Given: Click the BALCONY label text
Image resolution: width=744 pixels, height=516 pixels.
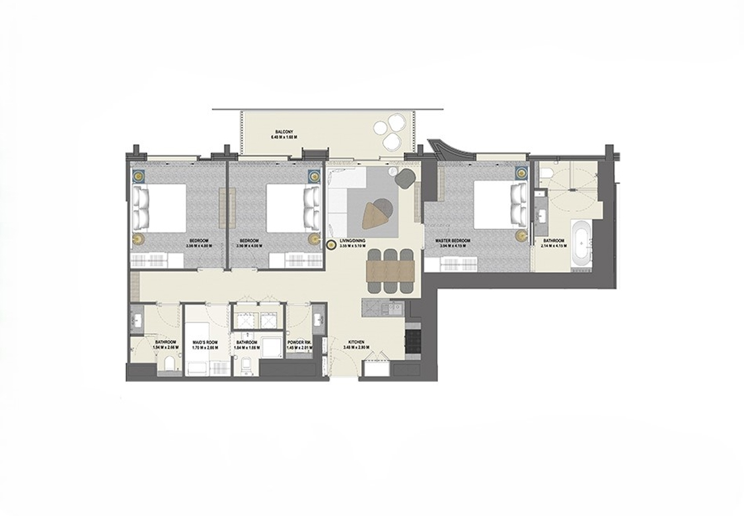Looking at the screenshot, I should [284, 131].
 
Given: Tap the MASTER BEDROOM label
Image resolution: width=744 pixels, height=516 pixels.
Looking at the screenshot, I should [453, 240].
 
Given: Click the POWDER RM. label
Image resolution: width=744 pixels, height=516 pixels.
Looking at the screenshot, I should [299, 342].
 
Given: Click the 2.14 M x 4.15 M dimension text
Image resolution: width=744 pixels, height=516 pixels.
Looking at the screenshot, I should [554, 246].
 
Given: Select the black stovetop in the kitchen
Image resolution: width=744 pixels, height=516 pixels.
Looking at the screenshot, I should [412, 340].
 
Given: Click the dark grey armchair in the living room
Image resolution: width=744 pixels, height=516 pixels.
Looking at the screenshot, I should [404, 178].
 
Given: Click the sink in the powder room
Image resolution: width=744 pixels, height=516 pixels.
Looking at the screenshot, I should [320, 320].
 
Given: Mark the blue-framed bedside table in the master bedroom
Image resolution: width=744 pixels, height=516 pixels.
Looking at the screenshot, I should [521, 173].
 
